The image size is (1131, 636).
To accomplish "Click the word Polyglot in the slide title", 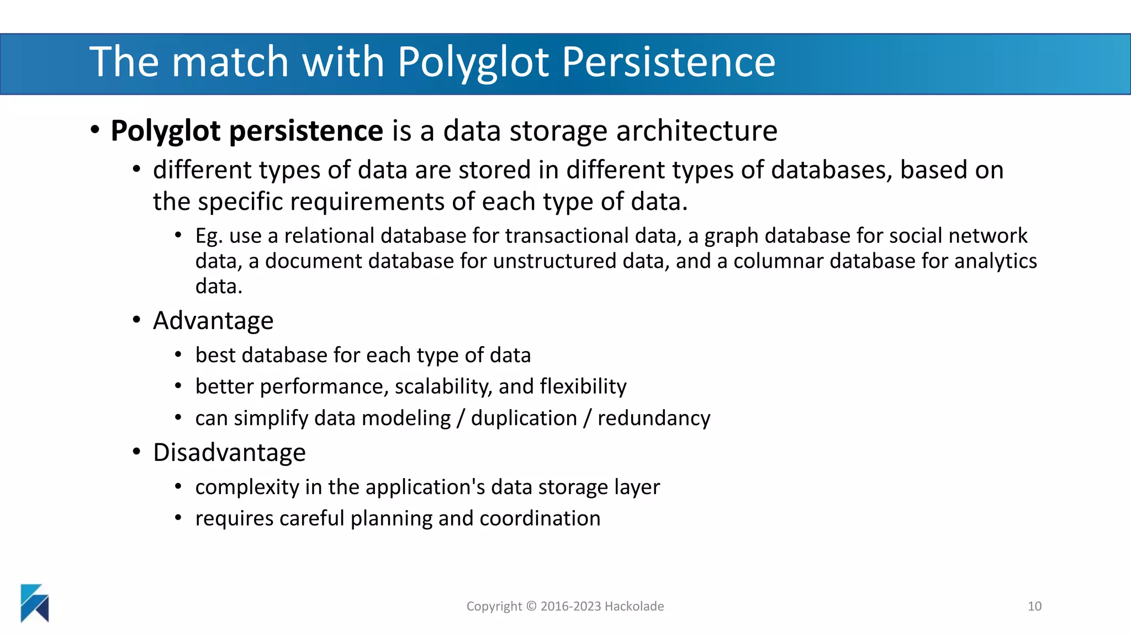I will (x=473, y=62).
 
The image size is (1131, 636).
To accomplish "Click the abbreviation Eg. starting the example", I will (x=209, y=236).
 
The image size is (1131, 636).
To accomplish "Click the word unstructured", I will (x=554, y=261).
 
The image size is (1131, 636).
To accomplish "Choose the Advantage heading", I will (x=213, y=321).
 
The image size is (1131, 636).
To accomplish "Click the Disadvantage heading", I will (x=229, y=453).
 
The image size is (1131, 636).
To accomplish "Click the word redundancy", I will (x=654, y=418).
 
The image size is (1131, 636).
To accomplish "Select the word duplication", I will (x=524, y=418).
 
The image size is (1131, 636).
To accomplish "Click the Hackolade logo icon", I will (x=35, y=603).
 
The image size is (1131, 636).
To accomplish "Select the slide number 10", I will (x=1034, y=606).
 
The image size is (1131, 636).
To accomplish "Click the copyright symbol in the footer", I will (x=531, y=606).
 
